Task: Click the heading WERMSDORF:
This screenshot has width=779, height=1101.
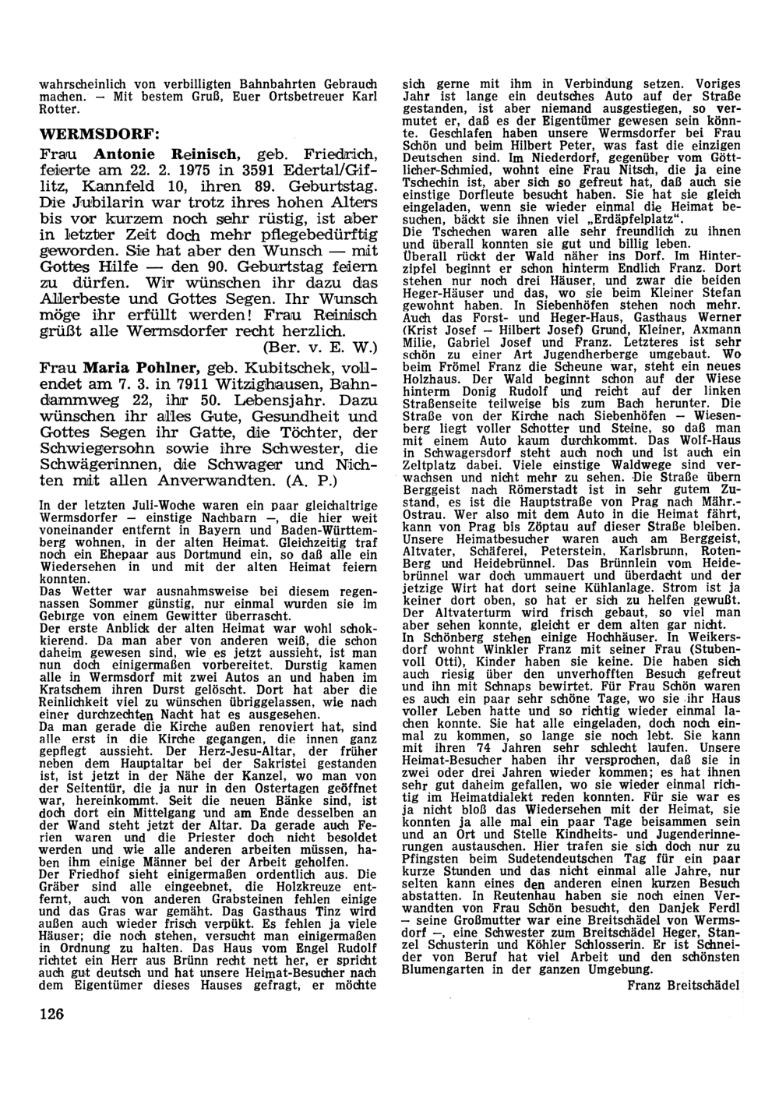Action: click(99, 132)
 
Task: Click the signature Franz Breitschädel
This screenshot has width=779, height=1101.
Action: click(682, 985)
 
